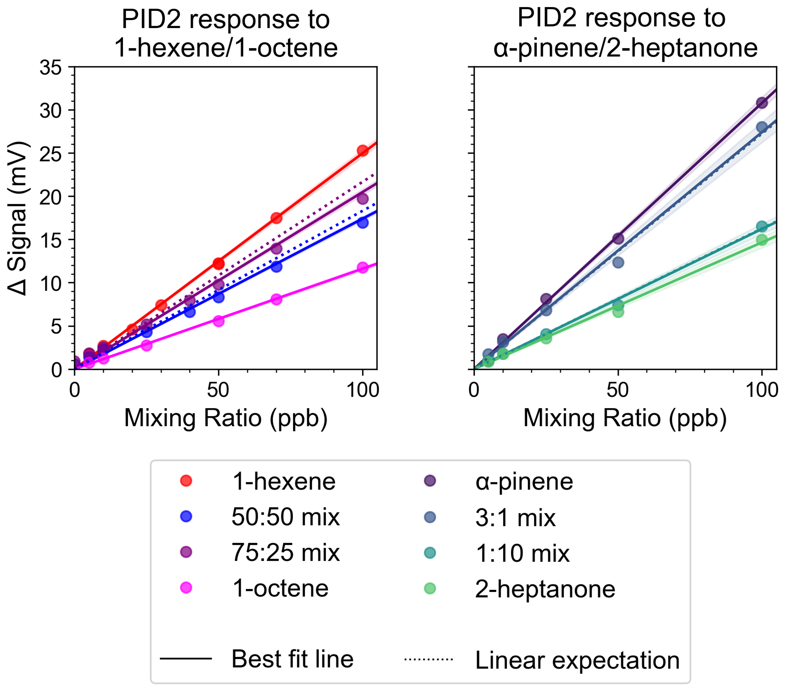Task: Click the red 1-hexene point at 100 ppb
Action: (x=362, y=151)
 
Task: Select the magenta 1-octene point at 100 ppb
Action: (x=362, y=267)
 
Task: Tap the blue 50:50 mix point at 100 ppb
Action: (x=362, y=223)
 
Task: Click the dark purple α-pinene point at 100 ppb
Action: (x=762, y=103)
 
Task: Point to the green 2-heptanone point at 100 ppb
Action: (x=762, y=240)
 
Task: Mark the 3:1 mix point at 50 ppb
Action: (x=618, y=262)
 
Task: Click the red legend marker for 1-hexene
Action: (x=186, y=480)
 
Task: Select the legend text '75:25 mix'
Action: (x=285, y=553)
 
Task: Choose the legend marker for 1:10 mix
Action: (x=430, y=553)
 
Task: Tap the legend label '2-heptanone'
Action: (x=545, y=589)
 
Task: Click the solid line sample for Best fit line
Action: (x=186, y=658)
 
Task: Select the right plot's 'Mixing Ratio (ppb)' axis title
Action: (x=625, y=418)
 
